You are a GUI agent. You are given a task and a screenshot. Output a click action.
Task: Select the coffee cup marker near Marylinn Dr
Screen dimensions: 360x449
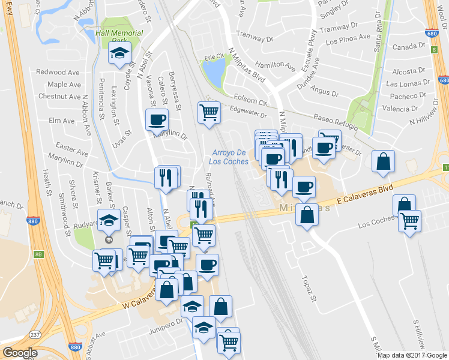coord(157,119)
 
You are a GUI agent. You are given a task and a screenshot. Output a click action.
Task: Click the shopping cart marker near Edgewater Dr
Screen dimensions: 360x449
coord(209,112)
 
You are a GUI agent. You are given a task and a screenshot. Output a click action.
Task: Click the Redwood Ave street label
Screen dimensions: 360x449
coord(58,72)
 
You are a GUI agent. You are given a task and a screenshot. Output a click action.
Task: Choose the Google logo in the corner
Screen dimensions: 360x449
coord(20,352)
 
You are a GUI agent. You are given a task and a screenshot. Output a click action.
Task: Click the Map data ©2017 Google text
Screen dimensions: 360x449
coord(412,355)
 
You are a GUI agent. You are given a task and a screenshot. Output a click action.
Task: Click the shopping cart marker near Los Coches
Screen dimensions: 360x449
coord(410,221)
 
